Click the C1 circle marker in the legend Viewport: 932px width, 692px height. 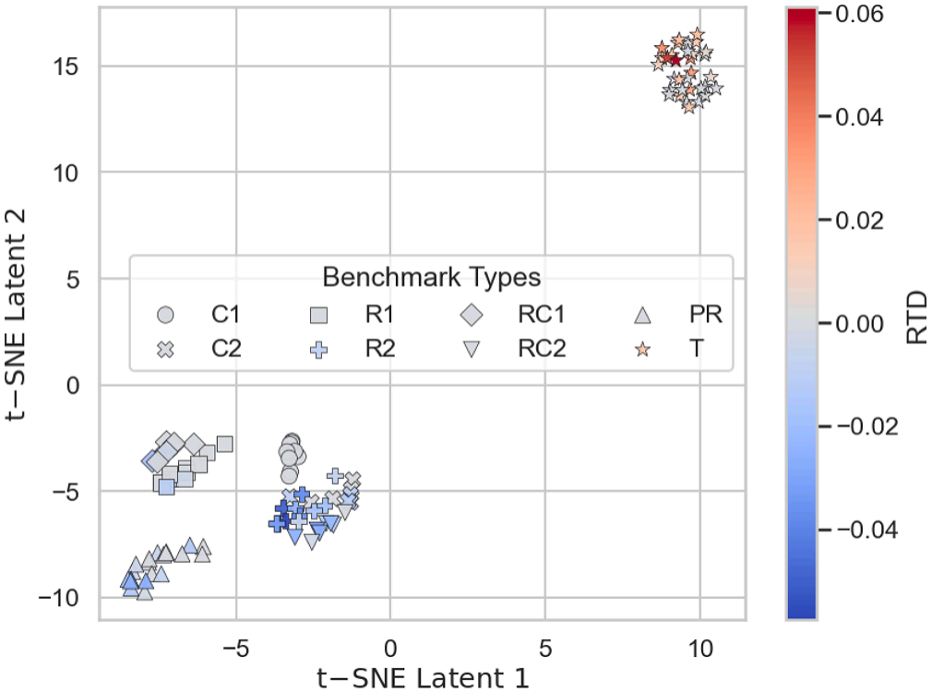pos(165,315)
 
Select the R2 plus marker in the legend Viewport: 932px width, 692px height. pos(319,349)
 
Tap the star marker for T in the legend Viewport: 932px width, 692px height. pos(642,349)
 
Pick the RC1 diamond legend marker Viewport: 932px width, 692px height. pos(472,315)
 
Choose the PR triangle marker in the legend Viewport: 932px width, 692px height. pos(642,316)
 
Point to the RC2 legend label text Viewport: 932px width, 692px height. pos(542,349)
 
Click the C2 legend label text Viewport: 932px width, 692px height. pos(226,349)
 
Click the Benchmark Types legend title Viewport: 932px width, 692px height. pos(432,277)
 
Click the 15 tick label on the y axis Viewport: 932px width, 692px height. pos(65,66)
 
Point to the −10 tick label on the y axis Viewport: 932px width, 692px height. pos(58,598)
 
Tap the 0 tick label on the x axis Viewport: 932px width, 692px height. pos(390,649)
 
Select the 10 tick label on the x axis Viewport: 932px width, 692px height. pos(700,649)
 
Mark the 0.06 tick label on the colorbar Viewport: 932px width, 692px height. pos(859,14)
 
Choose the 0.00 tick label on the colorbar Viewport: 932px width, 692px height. pos(859,324)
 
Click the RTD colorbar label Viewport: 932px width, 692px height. pos(916,317)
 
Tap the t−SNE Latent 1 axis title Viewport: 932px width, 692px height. pos(423,678)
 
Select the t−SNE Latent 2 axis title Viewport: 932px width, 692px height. pos(16,315)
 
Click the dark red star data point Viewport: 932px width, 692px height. pos(675,59)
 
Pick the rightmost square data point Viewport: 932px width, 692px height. pos(224,444)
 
